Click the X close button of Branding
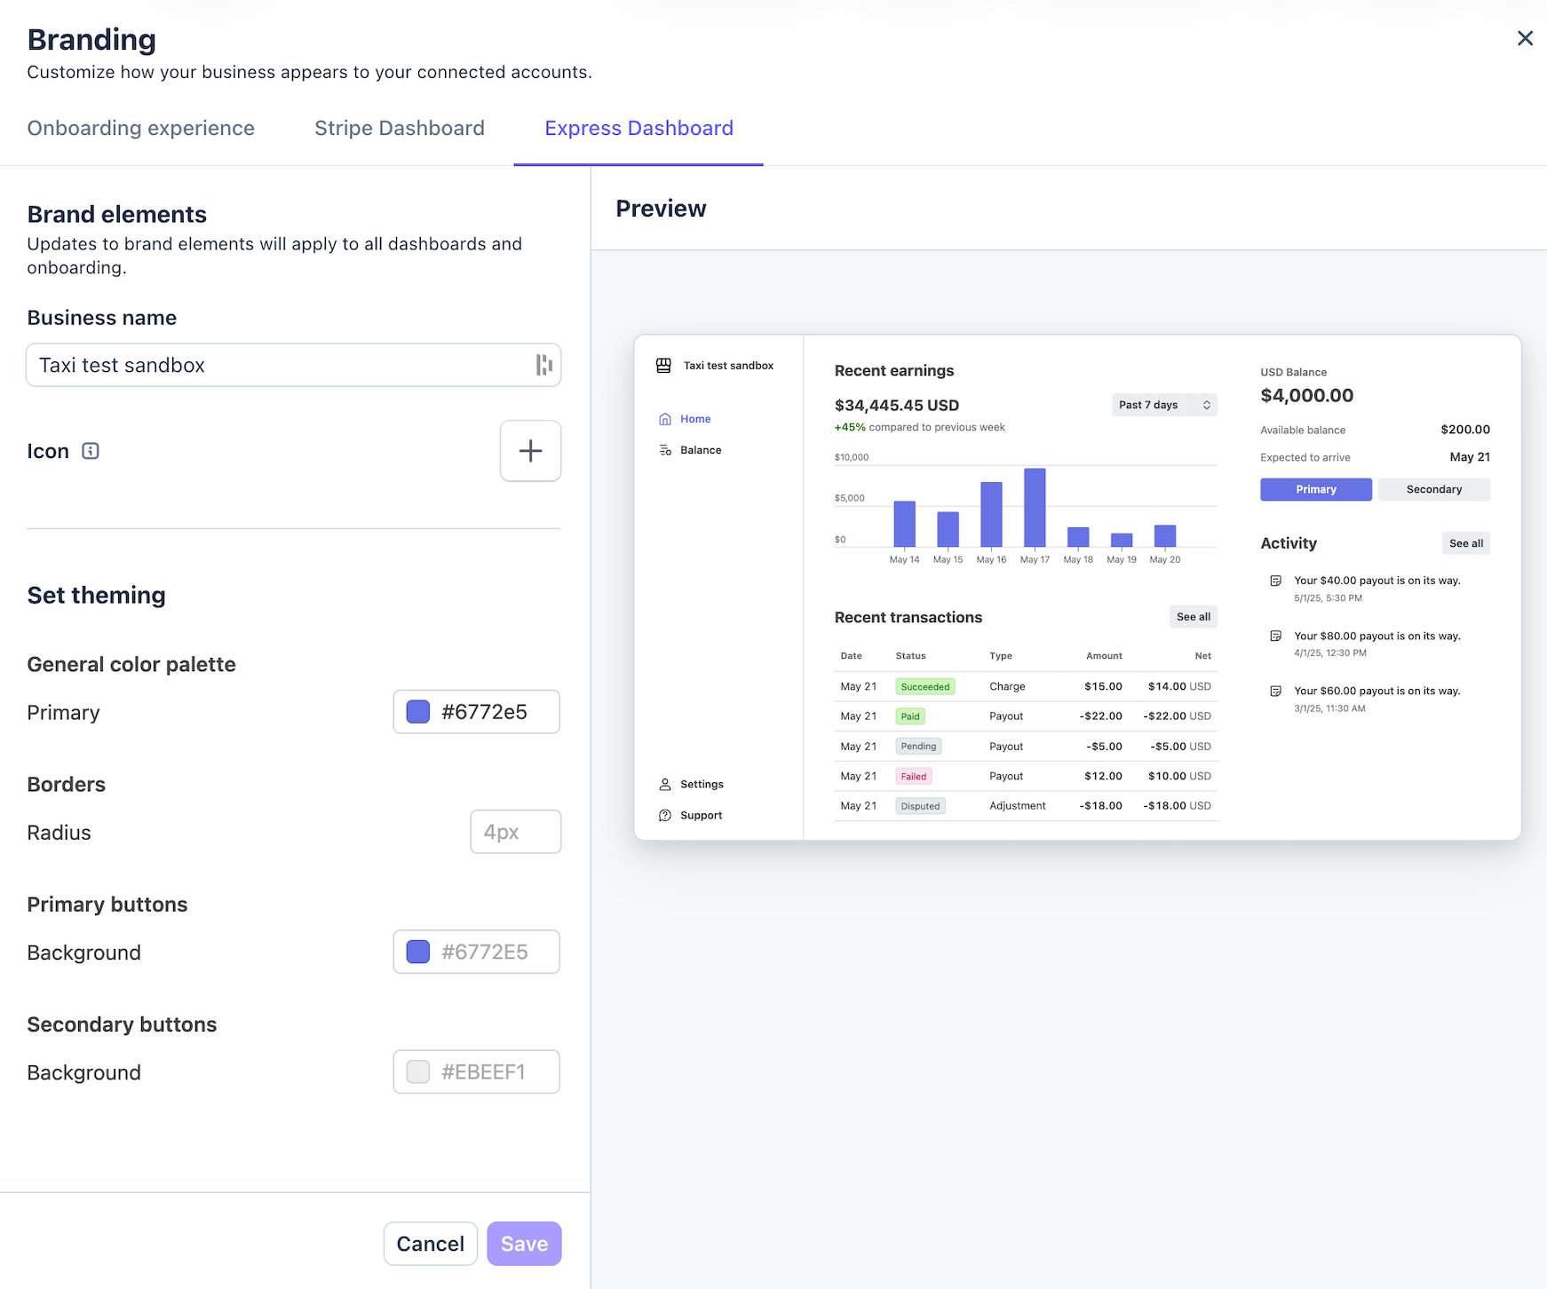[x=1525, y=38]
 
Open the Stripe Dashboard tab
[x=400, y=129]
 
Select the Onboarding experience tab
[x=141, y=129]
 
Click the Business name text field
[x=293, y=365]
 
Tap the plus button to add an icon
[x=530, y=451]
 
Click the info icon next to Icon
[x=91, y=451]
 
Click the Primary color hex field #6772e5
[x=477, y=712]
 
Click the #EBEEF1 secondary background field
[x=477, y=1072]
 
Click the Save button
[x=524, y=1244]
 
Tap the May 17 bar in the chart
[x=1035, y=508]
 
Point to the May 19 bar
[x=1122, y=540]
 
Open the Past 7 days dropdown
[x=1164, y=405]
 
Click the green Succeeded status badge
[x=925, y=686]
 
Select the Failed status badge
[x=914, y=776]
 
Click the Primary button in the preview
[x=1316, y=489]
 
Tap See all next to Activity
[x=1466, y=543]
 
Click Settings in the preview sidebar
[x=702, y=784]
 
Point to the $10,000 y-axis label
[x=852, y=457]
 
